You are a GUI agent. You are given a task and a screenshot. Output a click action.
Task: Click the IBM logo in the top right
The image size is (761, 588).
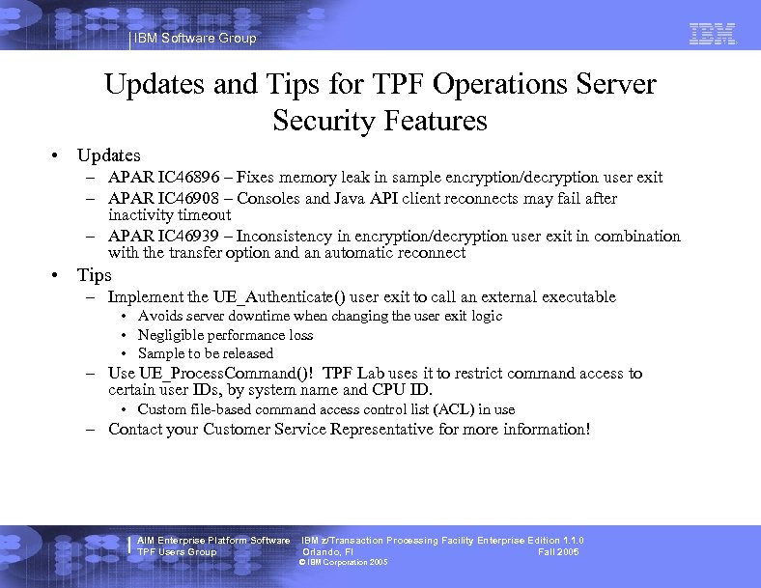click(x=713, y=34)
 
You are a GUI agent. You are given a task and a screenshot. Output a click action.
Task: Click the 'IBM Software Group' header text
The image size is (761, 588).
click(x=196, y=39)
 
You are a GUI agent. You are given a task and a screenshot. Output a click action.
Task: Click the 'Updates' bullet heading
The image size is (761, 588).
click(x=109, y=155)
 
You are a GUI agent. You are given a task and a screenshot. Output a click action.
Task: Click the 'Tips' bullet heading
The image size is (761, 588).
click(x=96, y=276)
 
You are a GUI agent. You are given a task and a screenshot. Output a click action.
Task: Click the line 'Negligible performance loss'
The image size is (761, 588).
click(x=225, y=335)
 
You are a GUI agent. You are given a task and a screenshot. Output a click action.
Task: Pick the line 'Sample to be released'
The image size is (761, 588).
click(x=206, y=353)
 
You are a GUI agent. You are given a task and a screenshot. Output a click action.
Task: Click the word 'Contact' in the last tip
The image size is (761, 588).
click(x=136, y=430)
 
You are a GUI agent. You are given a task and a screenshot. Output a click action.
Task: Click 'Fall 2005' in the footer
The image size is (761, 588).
click(x=558, y=552)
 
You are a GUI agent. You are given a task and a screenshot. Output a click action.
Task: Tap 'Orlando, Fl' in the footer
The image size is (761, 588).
click(x=328, y=552)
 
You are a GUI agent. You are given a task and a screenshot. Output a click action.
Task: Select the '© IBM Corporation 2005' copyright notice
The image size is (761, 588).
click(x=344, y=563)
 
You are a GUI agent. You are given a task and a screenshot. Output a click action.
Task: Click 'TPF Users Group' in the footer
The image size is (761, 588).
click(x=177, y=552)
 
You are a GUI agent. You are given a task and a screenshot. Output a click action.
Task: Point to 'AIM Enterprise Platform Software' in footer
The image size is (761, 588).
click(x=213, y=541)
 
